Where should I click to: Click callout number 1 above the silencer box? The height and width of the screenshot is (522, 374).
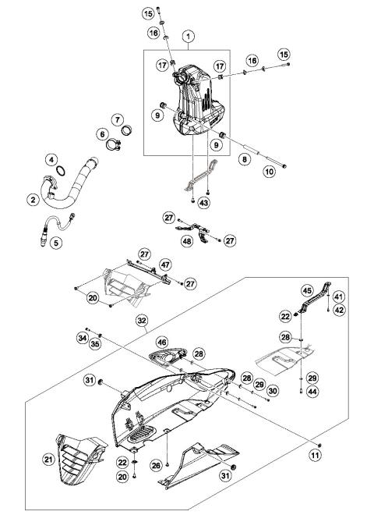pyautogui.click(x=188, y=37)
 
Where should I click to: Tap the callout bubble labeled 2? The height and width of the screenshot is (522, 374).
pyautogui.click(x=33, y=200)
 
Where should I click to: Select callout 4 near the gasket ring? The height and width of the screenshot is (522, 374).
pyautogui.click(x=51, y=160)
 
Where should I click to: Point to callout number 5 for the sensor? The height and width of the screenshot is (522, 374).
pyautogui.click(x=55, y=243)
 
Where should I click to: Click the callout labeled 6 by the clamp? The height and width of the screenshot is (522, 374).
pyautogui.click(x=102, y=133)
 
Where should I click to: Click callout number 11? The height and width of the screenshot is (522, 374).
pyautogui.click(x=316, y=454)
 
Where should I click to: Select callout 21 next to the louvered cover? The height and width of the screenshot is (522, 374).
pyautogui.click(x=48, y=460)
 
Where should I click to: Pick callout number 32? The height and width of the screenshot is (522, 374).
pyautogui.click(x=141, y=320)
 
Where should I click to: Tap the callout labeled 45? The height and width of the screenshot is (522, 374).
pyautogui.click(x=306, y=291)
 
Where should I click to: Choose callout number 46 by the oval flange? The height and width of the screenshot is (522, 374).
pyautogui.click(x=161, y=341)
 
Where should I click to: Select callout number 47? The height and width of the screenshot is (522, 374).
pyautogui.click(x=165, y=265)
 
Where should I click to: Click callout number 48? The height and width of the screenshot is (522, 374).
pyautogui.click(x=187, y=241)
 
